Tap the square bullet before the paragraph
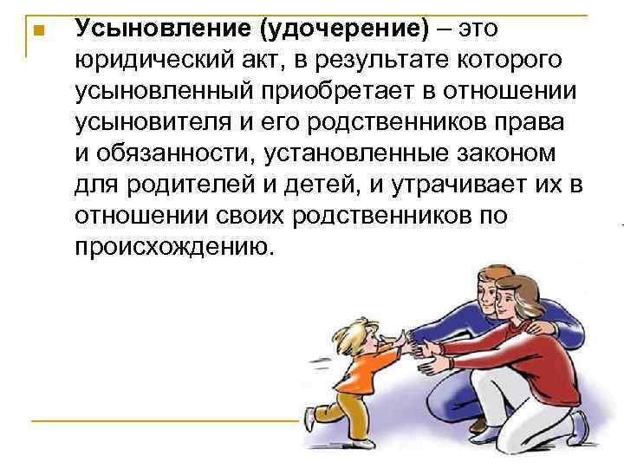[x=36, y=30]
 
